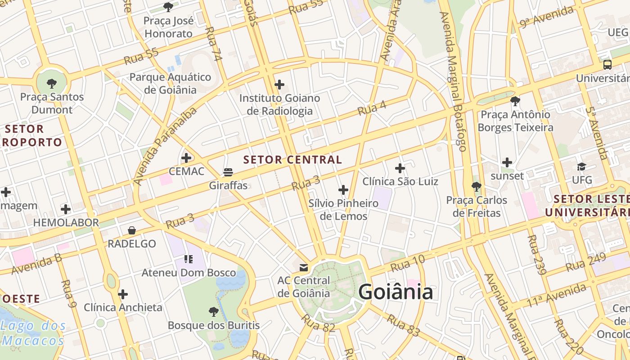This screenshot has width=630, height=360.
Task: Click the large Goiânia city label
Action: pos(396,292)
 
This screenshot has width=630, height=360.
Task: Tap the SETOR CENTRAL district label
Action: pos(292,160)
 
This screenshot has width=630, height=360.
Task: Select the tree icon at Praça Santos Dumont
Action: pos(52,83)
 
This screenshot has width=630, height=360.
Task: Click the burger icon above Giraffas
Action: pos(228,172)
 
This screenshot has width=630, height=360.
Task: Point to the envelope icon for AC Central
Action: pos(304,268)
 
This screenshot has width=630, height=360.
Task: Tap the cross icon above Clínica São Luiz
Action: pos(400,168)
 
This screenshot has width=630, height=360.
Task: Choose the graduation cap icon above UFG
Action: pos(581,167)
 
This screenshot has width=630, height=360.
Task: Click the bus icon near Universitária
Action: pos(607,64)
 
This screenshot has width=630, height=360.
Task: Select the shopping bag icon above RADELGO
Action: pos(132,230)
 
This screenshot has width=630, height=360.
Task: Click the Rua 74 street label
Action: pos(214,44)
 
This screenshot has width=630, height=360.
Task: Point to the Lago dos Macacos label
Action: pos(33,333)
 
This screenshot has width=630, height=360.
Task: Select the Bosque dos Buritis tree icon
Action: pos(214,311)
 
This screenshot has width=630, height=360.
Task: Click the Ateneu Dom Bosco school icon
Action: pos(188,259)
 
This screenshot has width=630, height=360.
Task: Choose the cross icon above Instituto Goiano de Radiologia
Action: pos(279,84)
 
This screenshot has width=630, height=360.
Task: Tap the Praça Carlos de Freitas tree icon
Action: pos(477,186)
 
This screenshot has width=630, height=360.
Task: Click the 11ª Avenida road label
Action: pos(557,295)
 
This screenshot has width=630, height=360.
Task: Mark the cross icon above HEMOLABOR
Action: pos(66,209)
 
